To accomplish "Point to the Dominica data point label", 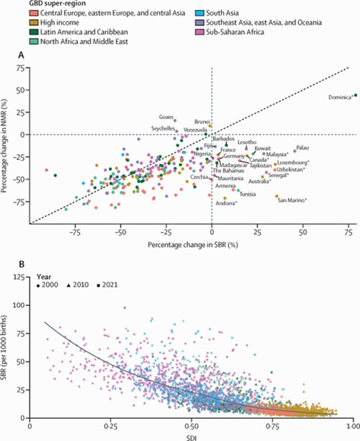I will [338, 97].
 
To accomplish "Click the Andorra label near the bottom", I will [226, 203].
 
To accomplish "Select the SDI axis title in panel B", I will [192, 434].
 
